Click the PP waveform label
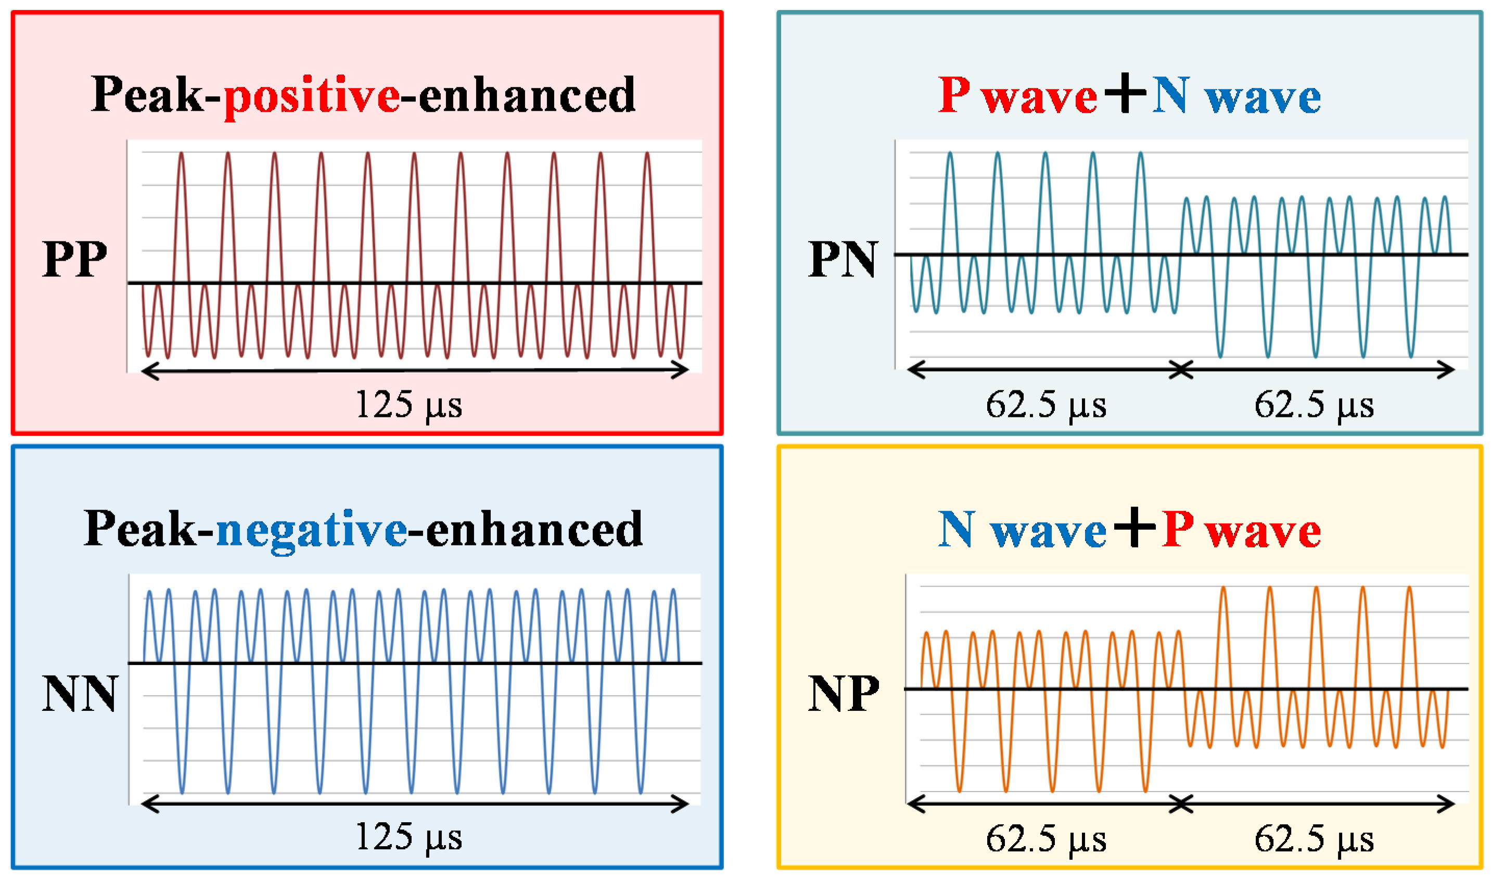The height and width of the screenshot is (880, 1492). [75, 259]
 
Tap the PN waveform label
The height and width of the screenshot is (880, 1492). [842, 259]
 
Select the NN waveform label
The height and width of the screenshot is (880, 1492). [80, 694]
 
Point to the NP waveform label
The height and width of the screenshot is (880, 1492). [843, 694]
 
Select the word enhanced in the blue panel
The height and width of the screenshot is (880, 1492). [534, 530]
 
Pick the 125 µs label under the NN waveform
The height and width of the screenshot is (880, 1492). [409, 838]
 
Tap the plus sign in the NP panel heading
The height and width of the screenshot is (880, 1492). [1134, 527]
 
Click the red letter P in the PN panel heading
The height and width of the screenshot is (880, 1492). [954, 95]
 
